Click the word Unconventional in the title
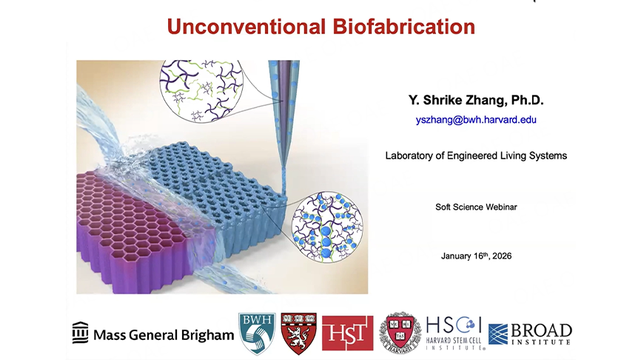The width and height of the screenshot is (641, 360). pos(246,27)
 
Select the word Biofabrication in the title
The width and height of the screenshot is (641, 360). pos(404,27)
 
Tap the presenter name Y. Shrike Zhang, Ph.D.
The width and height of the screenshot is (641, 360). pos(476,100)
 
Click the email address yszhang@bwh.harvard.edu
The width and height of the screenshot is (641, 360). pos(476,120)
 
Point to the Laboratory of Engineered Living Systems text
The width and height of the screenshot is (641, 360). pos(476,156)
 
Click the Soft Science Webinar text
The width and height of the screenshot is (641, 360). pos(476,207)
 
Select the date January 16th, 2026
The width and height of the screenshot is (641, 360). pos(476,256)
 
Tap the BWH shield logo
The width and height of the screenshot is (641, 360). pos(257,333)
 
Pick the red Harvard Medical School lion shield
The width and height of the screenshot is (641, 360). pos(299,333)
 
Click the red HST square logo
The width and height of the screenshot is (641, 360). pos(347,333)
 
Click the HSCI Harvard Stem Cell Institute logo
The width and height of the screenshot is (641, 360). pos(455,333)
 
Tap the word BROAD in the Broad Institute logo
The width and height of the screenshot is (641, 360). pos(542,330)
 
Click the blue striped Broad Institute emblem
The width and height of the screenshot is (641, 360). pos(498,334)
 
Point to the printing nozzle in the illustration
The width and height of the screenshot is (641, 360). pos(283,115)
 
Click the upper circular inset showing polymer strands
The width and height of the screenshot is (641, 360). pos(201,91)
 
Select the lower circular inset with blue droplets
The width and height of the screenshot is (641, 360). pos(327,227)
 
